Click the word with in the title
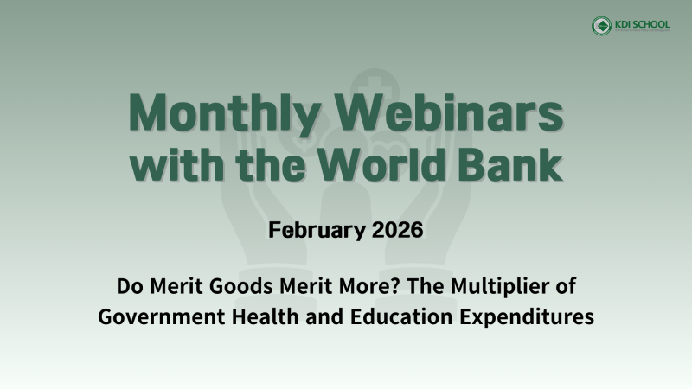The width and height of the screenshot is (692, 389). (x=179, y=164)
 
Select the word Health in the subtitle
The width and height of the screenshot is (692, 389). (x=258, y=316)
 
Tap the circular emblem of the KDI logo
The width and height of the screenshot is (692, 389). (x=601, y=26)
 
